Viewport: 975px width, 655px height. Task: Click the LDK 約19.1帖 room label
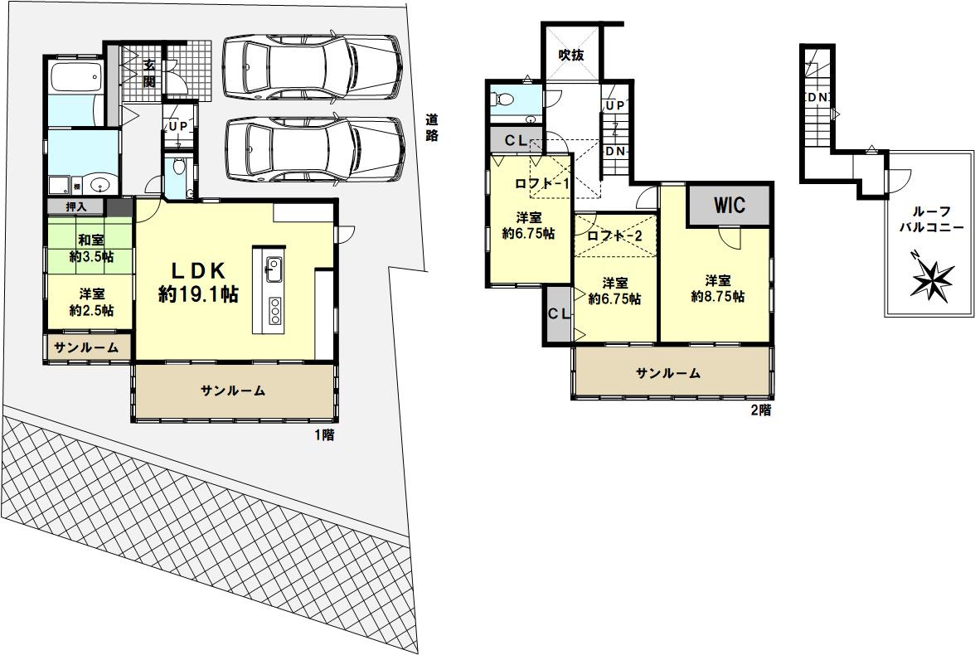(x=198, y=282)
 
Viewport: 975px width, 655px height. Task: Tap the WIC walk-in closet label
(x=730, y=205)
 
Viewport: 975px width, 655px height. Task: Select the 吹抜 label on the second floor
(x=570, y=55)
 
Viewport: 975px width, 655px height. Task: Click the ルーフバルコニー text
(x=932, y=220)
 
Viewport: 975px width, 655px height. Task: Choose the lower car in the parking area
(x=315, y=149)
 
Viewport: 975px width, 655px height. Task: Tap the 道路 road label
(x=432, y=127)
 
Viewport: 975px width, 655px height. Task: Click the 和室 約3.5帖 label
(x=91, y=248)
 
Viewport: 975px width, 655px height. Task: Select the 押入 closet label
(x=76, y=206)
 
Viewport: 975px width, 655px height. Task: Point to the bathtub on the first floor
(x=75, y=77)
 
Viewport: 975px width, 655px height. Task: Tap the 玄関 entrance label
(x=149, y=72)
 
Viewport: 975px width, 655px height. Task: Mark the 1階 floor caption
(x=324, y=434)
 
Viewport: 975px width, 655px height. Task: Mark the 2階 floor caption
(x=761, y=410)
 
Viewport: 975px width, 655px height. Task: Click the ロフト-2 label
(x=614, y=235)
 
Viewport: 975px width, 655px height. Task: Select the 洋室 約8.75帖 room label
(x=718, y=289)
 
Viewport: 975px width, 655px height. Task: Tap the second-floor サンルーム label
(x=668, y=373)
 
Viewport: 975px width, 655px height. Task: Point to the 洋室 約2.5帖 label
(x=91, y=302)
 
